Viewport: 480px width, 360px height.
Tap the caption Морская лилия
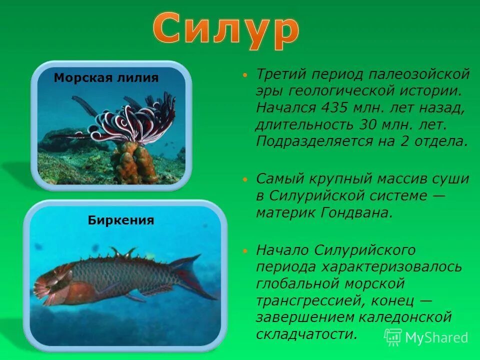click(x=106, y=78)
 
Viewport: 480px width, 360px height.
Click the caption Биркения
click(x=121, y=220)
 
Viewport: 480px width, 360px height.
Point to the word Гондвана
click(x=356, y=212)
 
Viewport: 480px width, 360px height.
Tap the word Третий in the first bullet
click(x=280, y=75)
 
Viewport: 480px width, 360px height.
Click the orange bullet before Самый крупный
click(x=244, y=179)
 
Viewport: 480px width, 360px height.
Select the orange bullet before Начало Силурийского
click(x=244, y=249)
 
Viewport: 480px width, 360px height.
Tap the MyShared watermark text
click(x=436, y=337)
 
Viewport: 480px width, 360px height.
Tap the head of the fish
click(x=50, y=282)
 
